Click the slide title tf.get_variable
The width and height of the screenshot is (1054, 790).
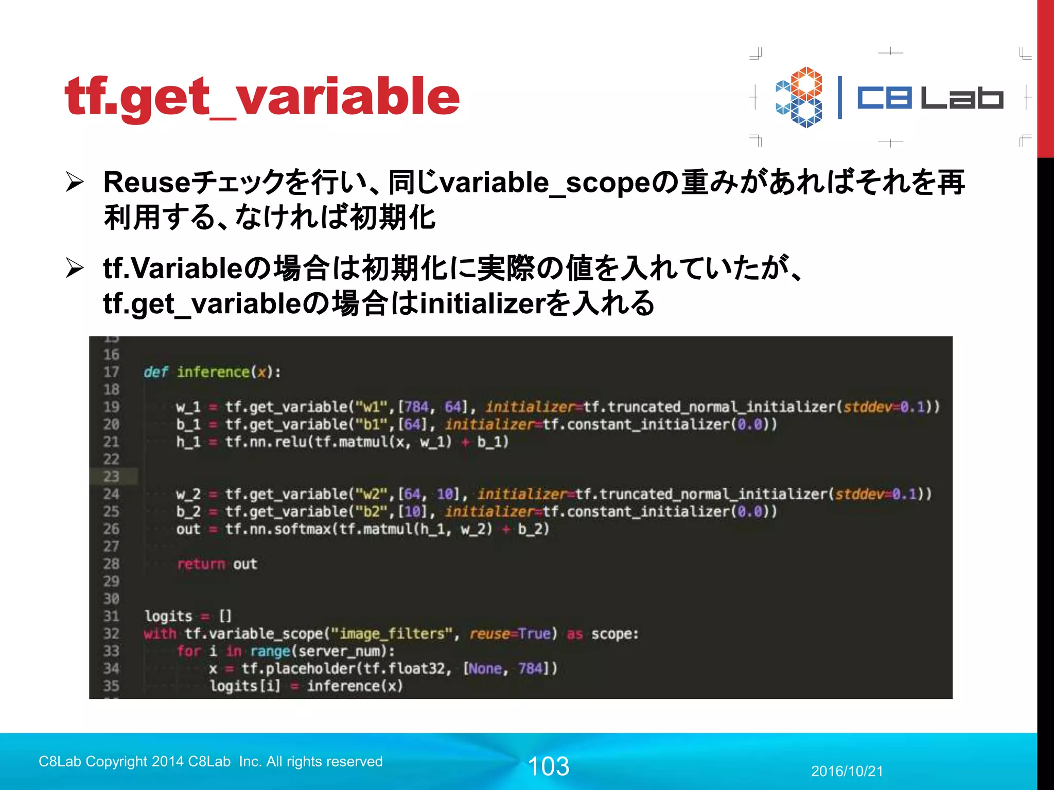point(261,97)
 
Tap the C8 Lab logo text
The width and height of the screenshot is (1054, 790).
point(929,98)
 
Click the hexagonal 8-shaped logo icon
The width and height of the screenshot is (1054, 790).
point(799,97)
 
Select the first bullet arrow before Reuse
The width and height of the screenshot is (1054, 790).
point(75,183)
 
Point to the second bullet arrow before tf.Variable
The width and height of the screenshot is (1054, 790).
point(75,268)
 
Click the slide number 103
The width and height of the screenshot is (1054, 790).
point(549,766)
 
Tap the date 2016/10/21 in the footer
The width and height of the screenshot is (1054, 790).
point(847,771)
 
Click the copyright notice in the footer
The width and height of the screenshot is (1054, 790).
point(210,761)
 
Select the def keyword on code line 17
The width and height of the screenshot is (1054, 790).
point(155,372)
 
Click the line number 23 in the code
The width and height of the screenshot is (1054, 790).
point(111,476)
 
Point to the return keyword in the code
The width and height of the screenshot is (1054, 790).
point(201,564)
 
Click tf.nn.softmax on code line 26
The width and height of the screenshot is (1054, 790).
point(278,529)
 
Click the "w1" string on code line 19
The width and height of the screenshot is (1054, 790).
point(371,407)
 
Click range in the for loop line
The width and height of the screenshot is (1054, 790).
point(270,651)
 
